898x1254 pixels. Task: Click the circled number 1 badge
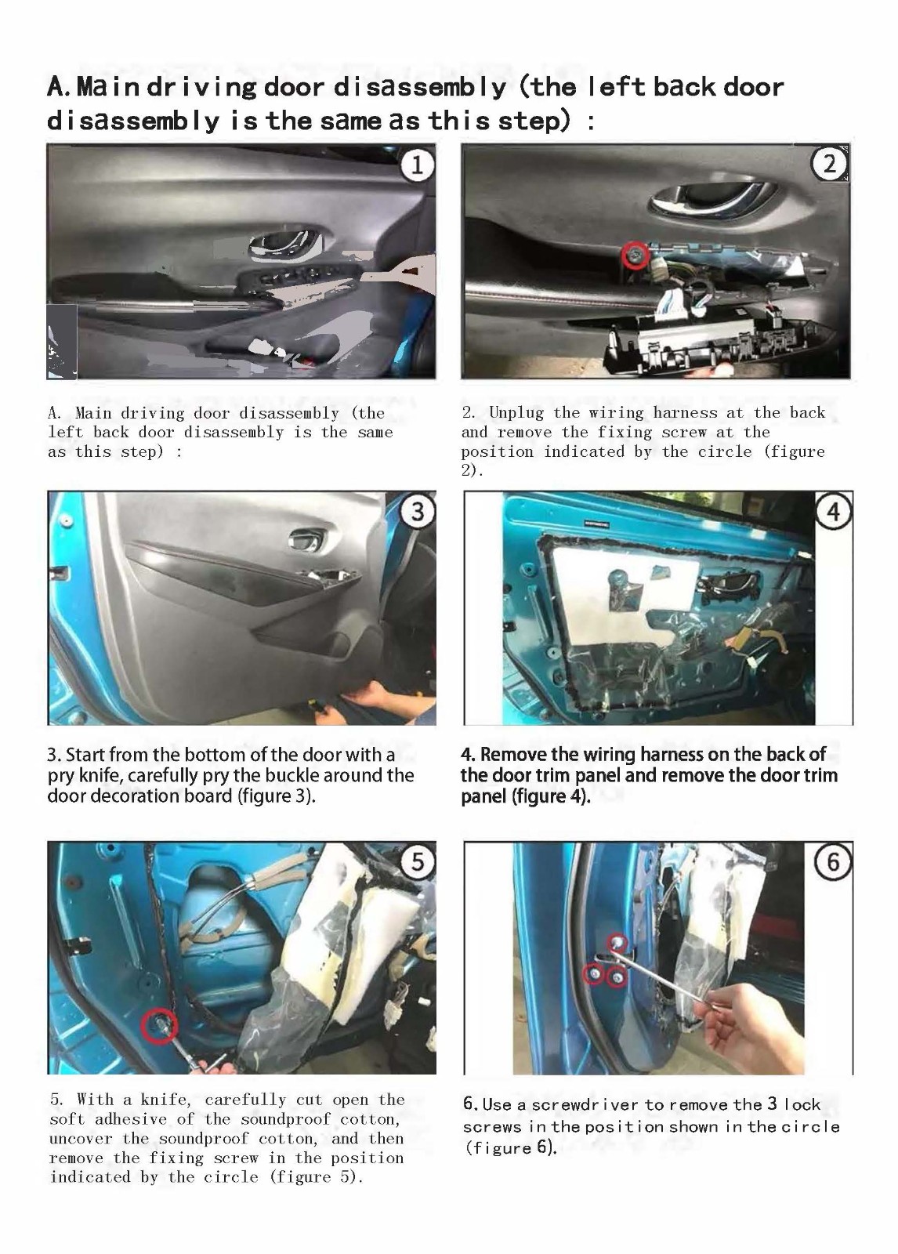click(x=417, y=165)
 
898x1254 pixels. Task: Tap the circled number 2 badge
click(x=829, y=164)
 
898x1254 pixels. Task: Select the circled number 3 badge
click(x=418, y=512)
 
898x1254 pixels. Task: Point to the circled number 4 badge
click(x=834, y=512)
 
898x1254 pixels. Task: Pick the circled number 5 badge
click(x=418, y=861)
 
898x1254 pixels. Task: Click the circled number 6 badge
click(x=833, y=862)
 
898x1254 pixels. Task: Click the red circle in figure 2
click(x=635, y=256)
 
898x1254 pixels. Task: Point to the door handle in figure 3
click(x=306, y=539)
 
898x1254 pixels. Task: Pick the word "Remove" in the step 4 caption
click(x=513, y=755)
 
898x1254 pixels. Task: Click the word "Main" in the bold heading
click(x=107, y=87)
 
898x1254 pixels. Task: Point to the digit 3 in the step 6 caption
click(x=772, y=1104)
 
